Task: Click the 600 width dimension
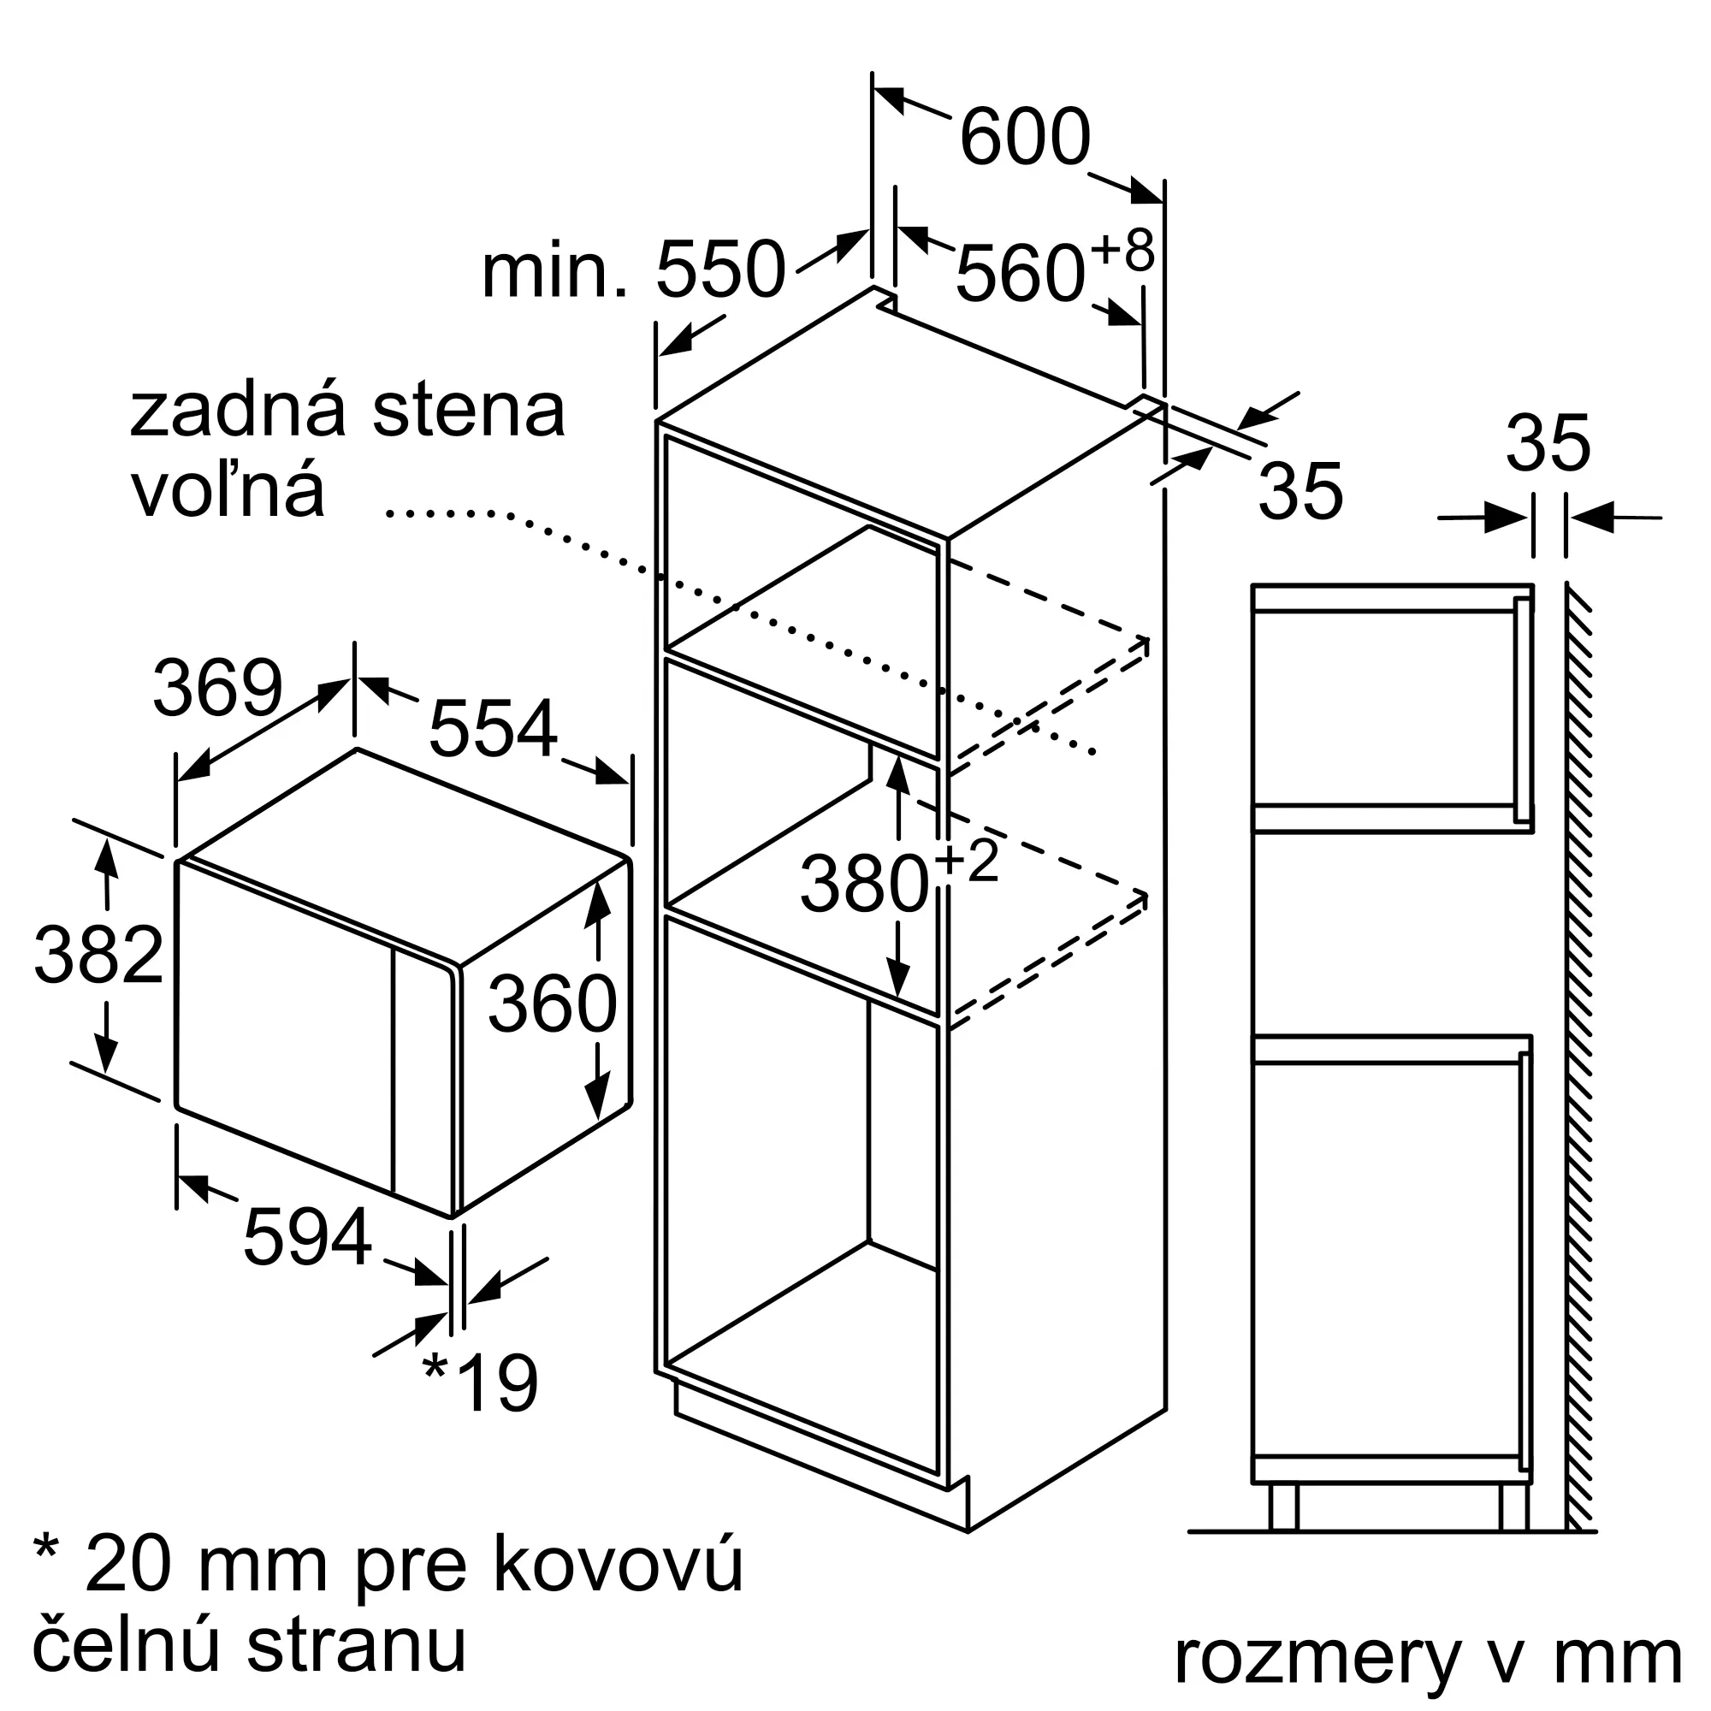[1025, 137]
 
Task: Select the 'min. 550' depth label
[633, 269]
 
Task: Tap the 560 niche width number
[1021, 274]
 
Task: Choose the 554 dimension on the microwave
[494, 727]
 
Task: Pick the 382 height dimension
[98, 955]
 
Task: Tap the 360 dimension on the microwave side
[553, 1004]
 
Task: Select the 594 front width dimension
[307, 1236]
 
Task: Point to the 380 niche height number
[864, 883]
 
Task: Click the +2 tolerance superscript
[966, 861]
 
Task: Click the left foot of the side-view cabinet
[1284, 1507]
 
